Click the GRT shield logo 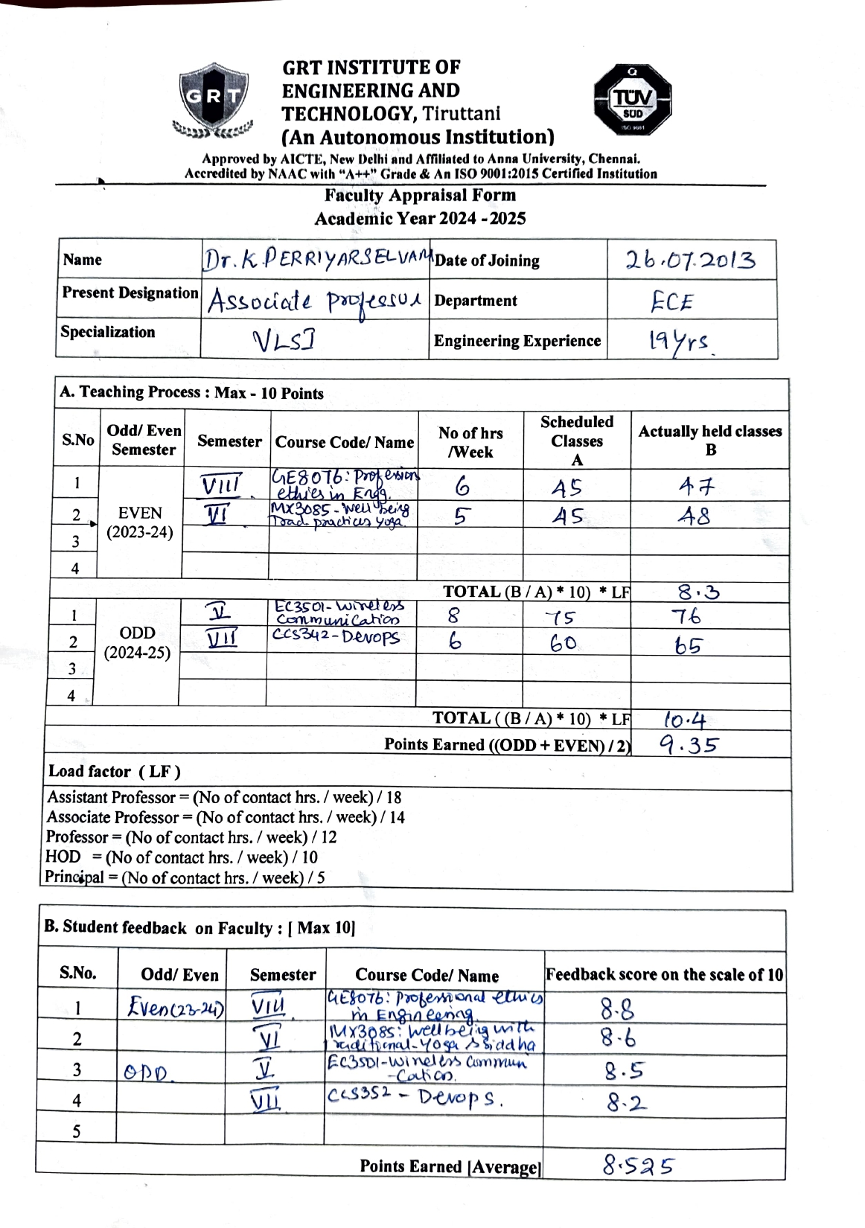pos(213,101)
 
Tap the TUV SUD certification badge pos(632,100)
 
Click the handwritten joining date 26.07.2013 pos(690,260)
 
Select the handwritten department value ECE pos(671,302)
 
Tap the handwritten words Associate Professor pos(314,301)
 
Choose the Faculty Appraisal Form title pos(420,196)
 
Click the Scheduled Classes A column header pos(577,441)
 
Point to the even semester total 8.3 pos(698,592)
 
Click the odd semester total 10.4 pos(685,720)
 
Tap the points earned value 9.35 pos(689,744)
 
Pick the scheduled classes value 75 pos(560,618)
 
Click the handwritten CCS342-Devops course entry pos(336,637)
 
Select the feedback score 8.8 pos(618,1009)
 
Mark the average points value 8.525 pos(638,1165)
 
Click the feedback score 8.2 pos(625,1102)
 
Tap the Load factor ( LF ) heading pos(115,771)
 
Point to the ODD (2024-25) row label pos(138,643)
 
